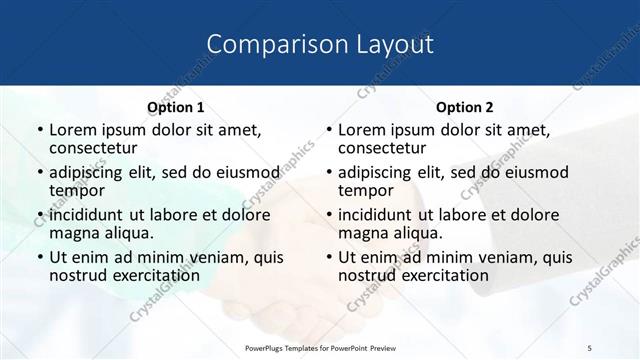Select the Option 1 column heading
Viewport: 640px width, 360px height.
tap(176, 107)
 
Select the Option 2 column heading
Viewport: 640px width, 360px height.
tap(465, 107)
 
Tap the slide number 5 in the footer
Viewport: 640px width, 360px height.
tap(590, 346)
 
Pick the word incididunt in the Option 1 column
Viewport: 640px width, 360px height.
tap(87, 214)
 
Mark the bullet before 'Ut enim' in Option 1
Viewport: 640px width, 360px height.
tap(39, 257)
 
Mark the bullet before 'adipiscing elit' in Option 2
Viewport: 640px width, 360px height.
tap(328, 172)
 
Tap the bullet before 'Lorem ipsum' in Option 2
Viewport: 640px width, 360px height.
tap(328, 130)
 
